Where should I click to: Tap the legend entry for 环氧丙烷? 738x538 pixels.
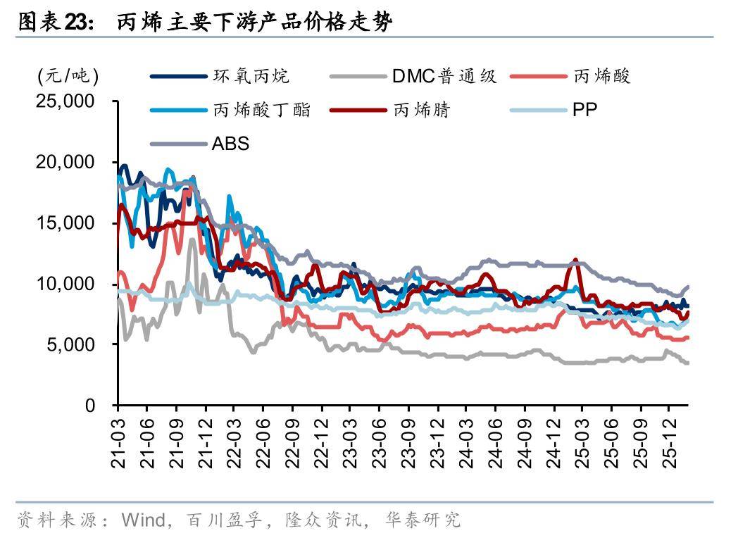point(251,75)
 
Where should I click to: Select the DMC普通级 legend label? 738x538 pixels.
point(444,75)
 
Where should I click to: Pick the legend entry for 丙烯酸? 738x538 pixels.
point(601,75)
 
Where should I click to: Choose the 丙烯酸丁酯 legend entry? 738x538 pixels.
point(261,110)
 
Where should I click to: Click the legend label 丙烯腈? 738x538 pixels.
point(422,110)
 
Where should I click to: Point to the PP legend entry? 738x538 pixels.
point(584,110)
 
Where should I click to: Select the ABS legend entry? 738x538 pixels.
point(230,144)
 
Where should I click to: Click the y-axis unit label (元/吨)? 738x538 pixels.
point(68,75)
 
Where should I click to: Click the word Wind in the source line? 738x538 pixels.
point(144,520)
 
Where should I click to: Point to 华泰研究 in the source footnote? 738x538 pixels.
point(423,520)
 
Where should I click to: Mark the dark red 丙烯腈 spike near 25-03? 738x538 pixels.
point(576,261)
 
